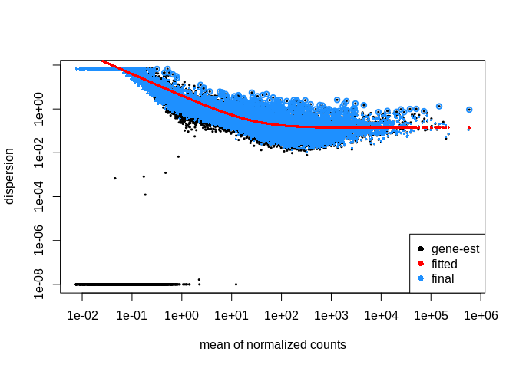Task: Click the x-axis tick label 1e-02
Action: (x=82, y=315)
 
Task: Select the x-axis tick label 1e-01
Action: (x=132, y=315)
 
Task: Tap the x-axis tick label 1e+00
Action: (x=182, y=315)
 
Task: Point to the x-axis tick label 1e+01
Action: (x=232, y=315)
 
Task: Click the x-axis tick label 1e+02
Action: (x=282, y=315)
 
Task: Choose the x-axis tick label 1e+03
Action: (x=332, y=315)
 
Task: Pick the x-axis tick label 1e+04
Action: (x=382, y=315)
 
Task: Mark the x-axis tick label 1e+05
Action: (x=432, y=315)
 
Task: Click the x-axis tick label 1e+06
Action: (x=481, y=315)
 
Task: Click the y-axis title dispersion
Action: (x=10, y=178)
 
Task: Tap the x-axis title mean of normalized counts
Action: (x=273, y=345)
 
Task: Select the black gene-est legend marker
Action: (x=420, y=249)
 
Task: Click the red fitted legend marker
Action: (x=420, y=264)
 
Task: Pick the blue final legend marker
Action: (x=420, y=278)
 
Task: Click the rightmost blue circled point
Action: (x=469, y=110)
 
